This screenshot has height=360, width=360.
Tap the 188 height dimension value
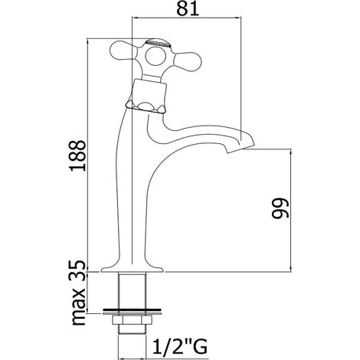(x=78, y=155)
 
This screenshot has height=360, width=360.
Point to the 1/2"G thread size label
(x=180, y=345)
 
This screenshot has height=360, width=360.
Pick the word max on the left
(x=78, y=304)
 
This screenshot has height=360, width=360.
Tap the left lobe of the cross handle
(x=123, y=51)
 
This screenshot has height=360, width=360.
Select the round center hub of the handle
(x=155, y=56)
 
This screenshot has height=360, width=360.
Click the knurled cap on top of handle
(x=158, y=42)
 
